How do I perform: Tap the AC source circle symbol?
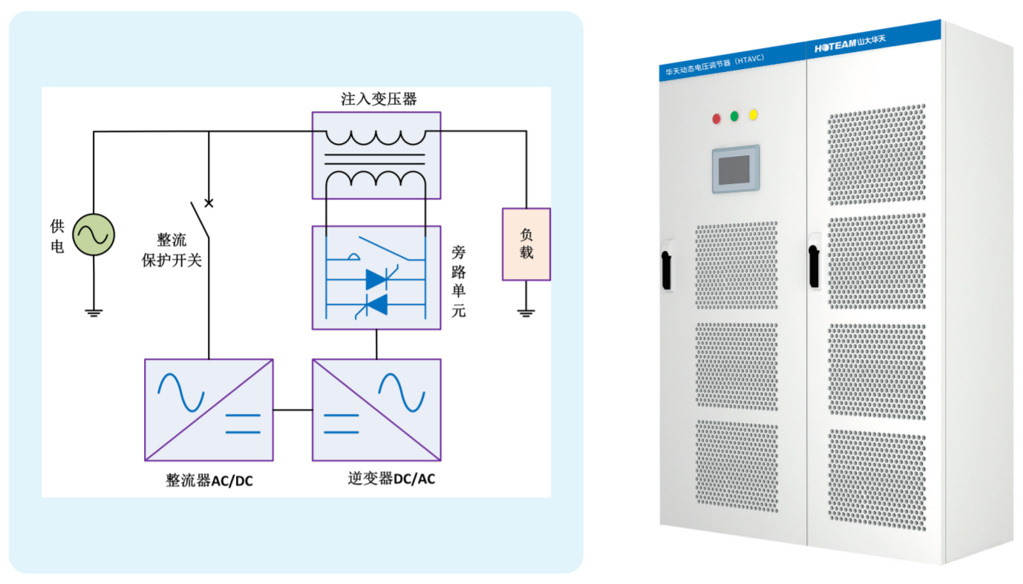pos(94,235)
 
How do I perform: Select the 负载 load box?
pos(526,244)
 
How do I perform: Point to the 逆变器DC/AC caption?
pos(391,479)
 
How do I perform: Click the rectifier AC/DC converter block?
pos(209,410)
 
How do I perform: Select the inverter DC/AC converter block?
pos(376,410)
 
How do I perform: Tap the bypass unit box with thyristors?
pos(376,278)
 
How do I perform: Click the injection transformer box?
pos(376,155)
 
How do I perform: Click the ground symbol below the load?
pos(526,312)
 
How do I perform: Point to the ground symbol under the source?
pos(94,312)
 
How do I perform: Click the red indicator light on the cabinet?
pos(716,119)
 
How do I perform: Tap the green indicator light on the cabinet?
pos(735,117)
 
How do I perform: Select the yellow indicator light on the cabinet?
pos(754,114)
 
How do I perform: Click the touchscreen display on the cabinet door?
pos(735,168)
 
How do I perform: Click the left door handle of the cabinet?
pos(667,265)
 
